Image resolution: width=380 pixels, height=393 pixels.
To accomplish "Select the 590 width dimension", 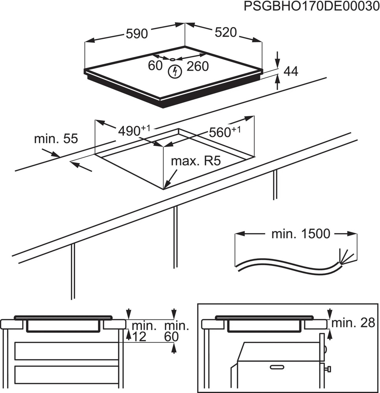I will (137, 34).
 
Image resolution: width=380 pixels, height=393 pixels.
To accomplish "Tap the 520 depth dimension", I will (226, 33).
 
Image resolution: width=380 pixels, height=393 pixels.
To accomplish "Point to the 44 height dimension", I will (291, 71).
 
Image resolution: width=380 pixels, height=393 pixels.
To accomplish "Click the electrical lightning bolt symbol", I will (174, 72).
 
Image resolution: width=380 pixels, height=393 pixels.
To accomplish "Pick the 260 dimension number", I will (197, 66).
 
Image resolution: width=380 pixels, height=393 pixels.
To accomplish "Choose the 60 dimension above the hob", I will (155, 66).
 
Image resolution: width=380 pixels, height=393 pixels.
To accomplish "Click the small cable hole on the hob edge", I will (173, 59).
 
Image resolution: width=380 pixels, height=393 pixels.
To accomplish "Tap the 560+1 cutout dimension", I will (224, 132).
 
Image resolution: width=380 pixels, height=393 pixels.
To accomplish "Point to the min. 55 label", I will (56, 139).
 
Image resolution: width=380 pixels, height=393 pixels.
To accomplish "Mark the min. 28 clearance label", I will (354, 323).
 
